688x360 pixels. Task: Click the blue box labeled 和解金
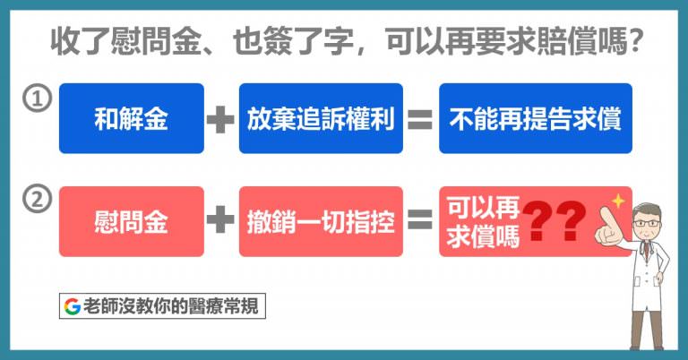point(132,118)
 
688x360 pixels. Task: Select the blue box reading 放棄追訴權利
point(321,118)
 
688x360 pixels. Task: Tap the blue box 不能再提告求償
point(536,118)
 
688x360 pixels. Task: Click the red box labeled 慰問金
point(132,221)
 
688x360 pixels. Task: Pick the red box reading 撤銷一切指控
point(321,221)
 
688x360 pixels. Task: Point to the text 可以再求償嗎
point(483,221)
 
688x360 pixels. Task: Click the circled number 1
point(38,99)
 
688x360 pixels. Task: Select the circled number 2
point(38,199)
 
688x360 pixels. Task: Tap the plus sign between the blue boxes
point(219,119)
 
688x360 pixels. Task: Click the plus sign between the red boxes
point(219,219)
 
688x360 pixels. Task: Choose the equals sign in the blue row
point(420,119)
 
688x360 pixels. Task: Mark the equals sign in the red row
point(420,219)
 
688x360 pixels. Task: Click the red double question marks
point(555,221)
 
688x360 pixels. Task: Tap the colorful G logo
point(72,306)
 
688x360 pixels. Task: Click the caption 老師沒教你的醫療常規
point(171,306)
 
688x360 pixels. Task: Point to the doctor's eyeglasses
point(647,224)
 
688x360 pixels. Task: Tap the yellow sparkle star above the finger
point(618,201)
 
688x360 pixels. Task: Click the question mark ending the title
point(635,42)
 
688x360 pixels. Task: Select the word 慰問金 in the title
point(156,42)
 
